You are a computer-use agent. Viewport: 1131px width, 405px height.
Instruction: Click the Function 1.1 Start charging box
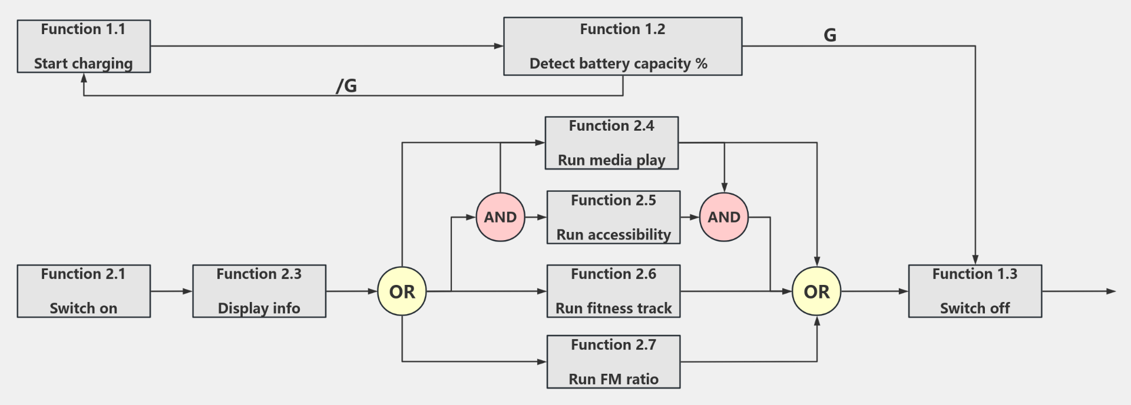[x=84, y=47]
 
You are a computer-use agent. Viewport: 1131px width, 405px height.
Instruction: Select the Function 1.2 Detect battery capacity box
[x=623, y=47]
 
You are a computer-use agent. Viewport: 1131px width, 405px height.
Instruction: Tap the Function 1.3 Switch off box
[x=975, y=291]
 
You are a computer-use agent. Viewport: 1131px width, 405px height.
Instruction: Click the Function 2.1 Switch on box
[x=84, y=291]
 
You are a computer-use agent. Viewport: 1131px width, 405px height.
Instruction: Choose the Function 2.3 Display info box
[x=259, y=291]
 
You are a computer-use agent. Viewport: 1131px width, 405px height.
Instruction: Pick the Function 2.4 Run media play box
[x=611, y=143]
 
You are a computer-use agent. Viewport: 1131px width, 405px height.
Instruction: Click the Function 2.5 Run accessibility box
[x=613, y=217]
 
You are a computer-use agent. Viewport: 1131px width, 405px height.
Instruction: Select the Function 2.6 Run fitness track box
[x=613, y=291]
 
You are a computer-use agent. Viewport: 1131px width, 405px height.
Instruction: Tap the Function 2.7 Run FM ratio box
[x=613, y=362]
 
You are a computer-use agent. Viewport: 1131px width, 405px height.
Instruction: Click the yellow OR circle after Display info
[x=402, y=291]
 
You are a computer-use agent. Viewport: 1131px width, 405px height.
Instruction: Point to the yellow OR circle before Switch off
[x=816, y=291]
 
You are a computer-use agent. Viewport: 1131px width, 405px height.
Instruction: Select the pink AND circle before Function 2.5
[x=500, y=217]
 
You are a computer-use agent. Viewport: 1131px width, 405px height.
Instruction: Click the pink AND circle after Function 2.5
[x=724, y=217]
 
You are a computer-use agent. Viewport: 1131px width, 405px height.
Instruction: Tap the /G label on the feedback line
[x=346, y=86]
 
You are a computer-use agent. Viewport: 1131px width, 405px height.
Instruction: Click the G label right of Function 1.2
[x=830, y=35]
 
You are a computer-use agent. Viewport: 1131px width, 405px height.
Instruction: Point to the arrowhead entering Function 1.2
[x=499, y=46]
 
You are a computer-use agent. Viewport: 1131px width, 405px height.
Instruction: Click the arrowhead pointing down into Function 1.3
[x=975, y=260]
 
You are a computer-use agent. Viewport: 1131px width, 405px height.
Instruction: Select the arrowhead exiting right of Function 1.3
[x=1111, y=291]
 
